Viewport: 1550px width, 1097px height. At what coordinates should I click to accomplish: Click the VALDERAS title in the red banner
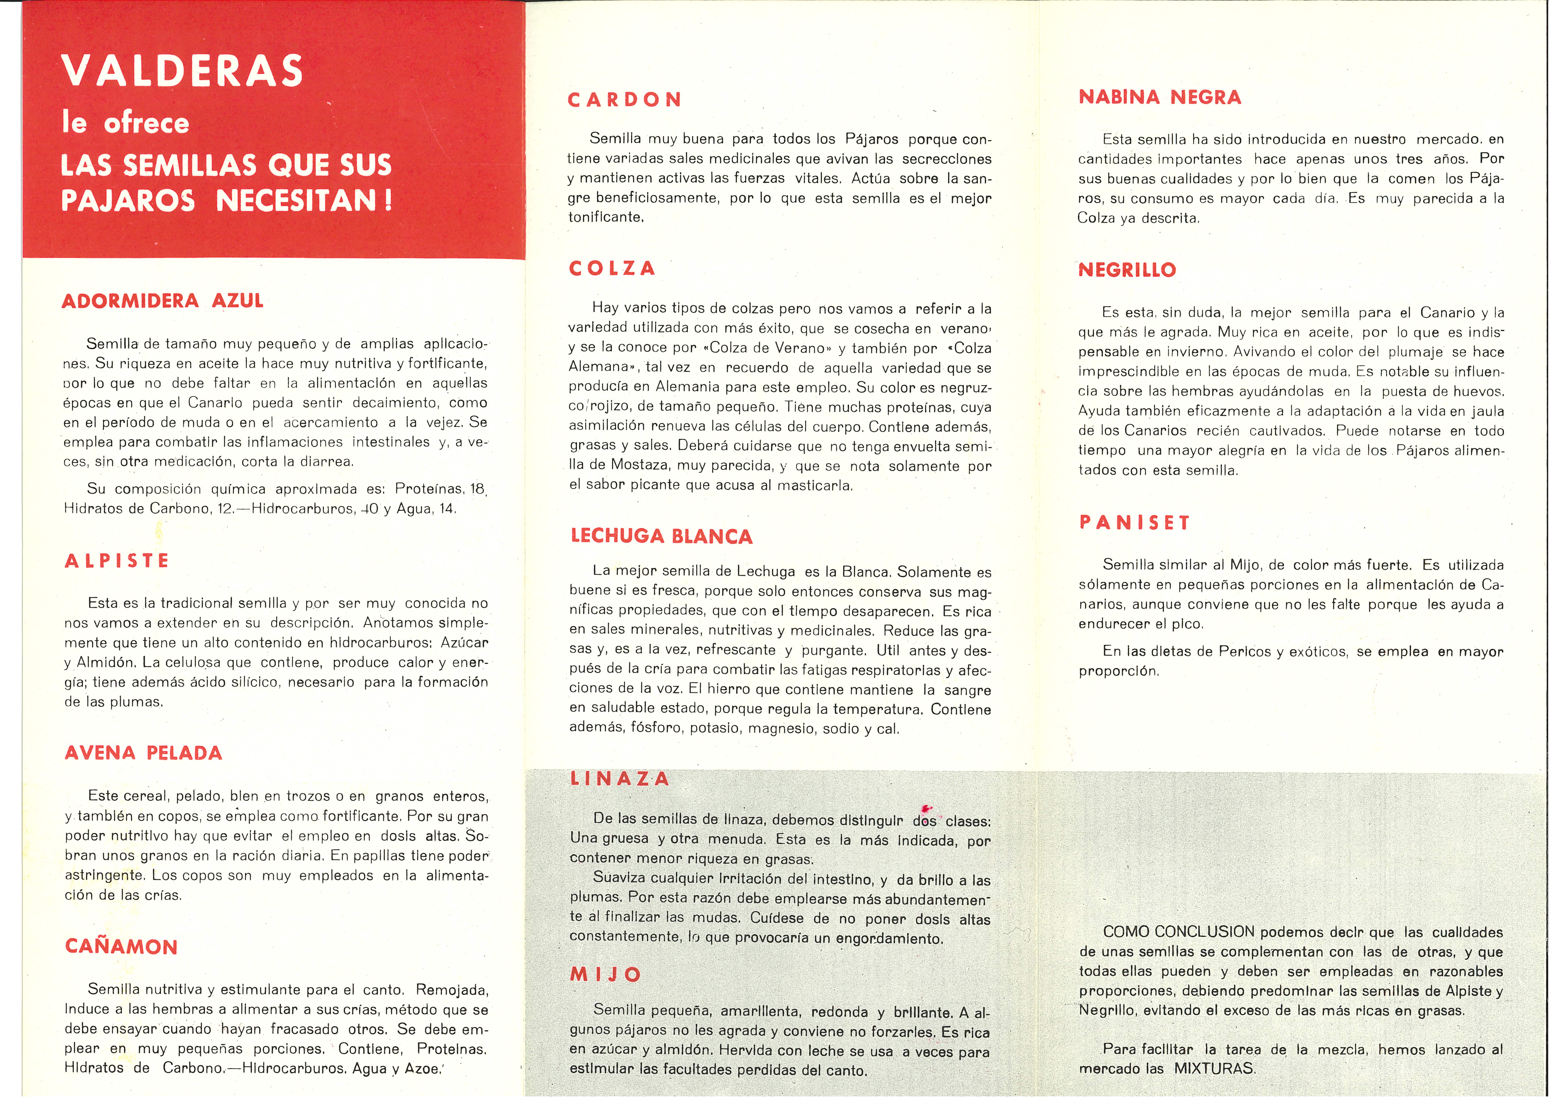point(182,70)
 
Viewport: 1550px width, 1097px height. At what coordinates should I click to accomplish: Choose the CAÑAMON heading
point(122,946)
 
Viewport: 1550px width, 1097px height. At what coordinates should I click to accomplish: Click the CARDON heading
point(625,100)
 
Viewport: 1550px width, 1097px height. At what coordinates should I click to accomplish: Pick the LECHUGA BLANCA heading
point(662,536)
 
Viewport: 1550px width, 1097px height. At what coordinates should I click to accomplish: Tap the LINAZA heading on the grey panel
point(620,779)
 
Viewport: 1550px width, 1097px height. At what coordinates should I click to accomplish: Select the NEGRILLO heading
point(1127,270)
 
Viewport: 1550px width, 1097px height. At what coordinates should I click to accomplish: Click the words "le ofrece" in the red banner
point(125,123)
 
